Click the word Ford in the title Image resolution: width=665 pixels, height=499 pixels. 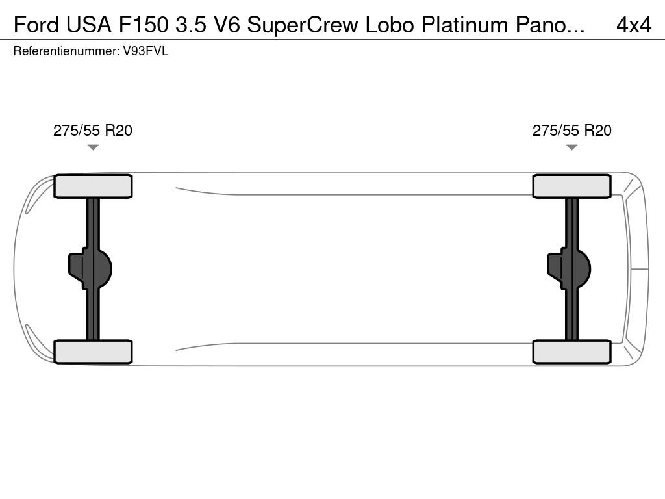[36, 25]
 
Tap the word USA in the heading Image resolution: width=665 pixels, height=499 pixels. [88, 25]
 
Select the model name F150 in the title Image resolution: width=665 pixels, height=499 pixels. [144, 25]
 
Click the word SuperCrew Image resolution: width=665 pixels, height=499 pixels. [303, 25]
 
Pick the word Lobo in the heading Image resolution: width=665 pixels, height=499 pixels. [390, 25]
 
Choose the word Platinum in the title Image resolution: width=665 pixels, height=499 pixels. [464, 25]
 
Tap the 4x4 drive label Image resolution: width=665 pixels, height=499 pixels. [634, 25]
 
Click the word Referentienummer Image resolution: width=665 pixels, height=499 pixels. [66, 51]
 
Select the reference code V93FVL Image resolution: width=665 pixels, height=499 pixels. [145, 51]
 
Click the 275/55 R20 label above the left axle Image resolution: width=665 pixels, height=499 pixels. [92, 130]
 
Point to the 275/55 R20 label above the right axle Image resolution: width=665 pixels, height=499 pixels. [571, 130]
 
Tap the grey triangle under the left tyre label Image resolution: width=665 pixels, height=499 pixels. [93, 147]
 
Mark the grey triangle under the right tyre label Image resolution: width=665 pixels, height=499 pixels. [571, 147]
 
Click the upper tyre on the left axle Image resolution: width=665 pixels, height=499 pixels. [93, 186]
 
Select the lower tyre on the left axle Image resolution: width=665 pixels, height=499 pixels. [93, 352]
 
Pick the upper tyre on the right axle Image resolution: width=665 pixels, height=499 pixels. [571, 186]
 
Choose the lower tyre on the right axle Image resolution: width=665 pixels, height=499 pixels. [571, 352]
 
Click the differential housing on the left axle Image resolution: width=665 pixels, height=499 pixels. [90, 269]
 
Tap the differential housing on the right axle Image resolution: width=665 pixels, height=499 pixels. [569, 269]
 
